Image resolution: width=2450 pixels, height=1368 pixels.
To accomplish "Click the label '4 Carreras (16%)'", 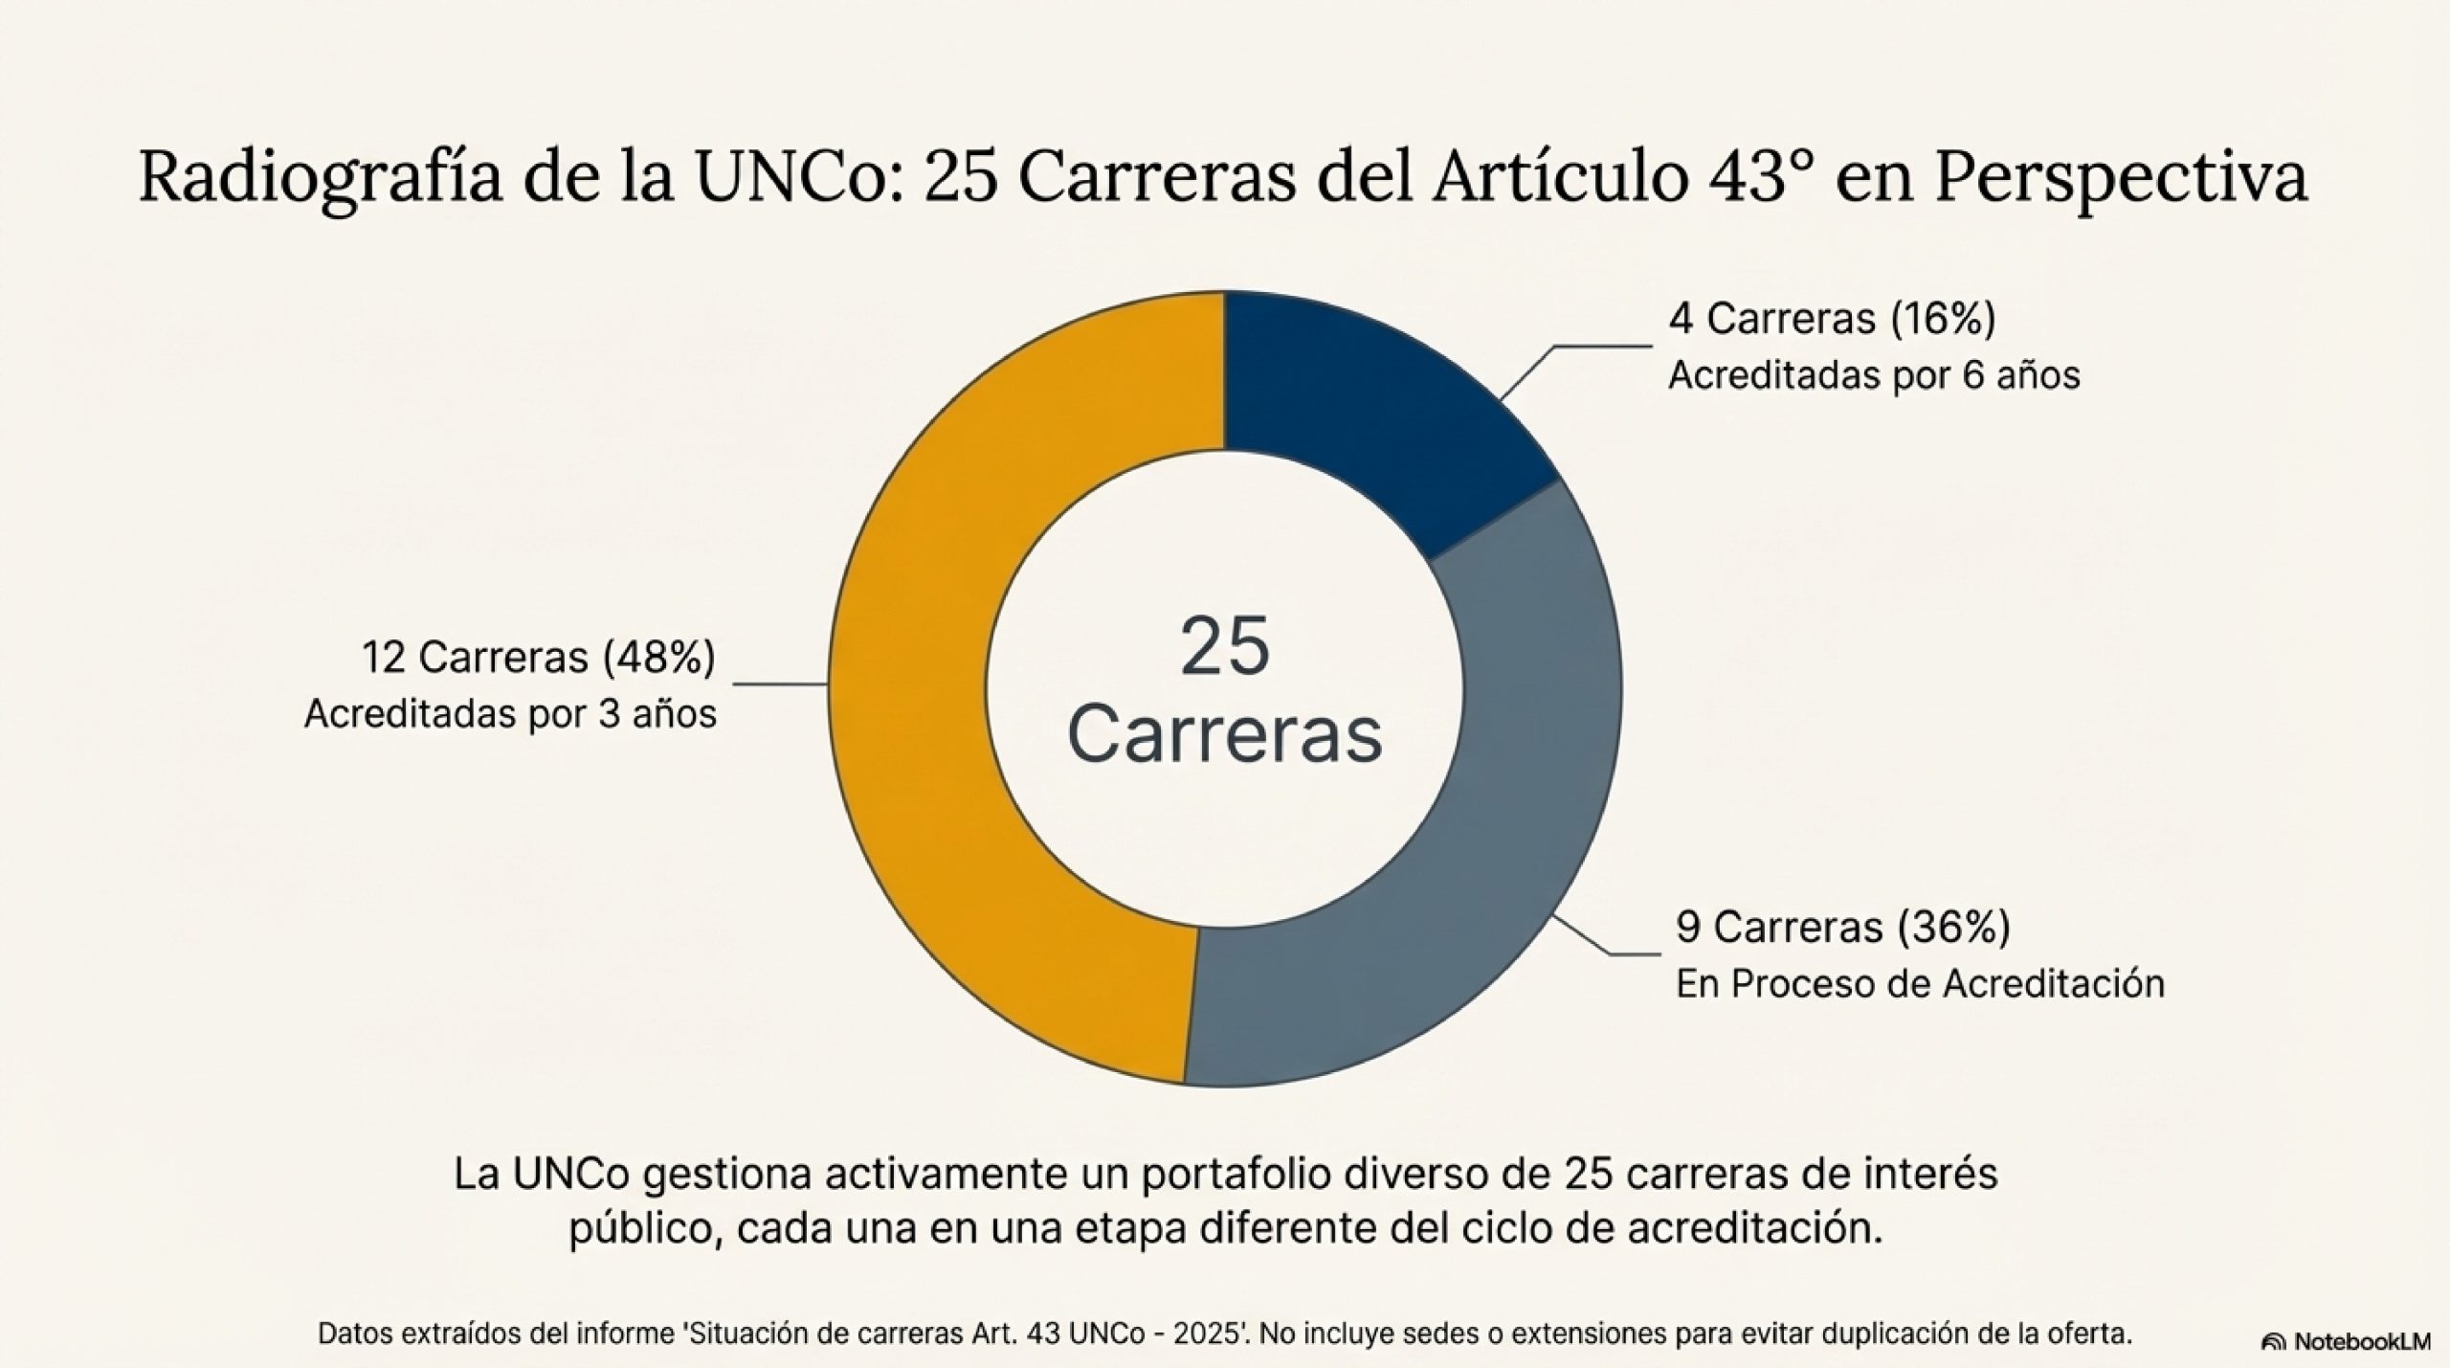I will (1832, 319).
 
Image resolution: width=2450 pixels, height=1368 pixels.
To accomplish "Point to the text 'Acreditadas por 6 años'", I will (1873, 375).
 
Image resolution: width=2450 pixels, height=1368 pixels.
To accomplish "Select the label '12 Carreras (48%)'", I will (538, 658).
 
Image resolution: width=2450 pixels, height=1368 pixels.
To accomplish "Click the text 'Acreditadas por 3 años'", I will (510, 714).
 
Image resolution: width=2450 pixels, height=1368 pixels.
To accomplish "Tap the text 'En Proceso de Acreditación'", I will (1920, 983).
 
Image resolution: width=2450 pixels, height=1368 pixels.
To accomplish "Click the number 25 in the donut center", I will (1225, 648).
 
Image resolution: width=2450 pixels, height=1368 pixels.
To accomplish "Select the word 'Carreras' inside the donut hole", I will (1225, 735).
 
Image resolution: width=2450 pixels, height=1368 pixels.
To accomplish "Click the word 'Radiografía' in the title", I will (320, 178).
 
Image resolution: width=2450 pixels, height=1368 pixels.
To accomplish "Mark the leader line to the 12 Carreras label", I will (780, 684).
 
